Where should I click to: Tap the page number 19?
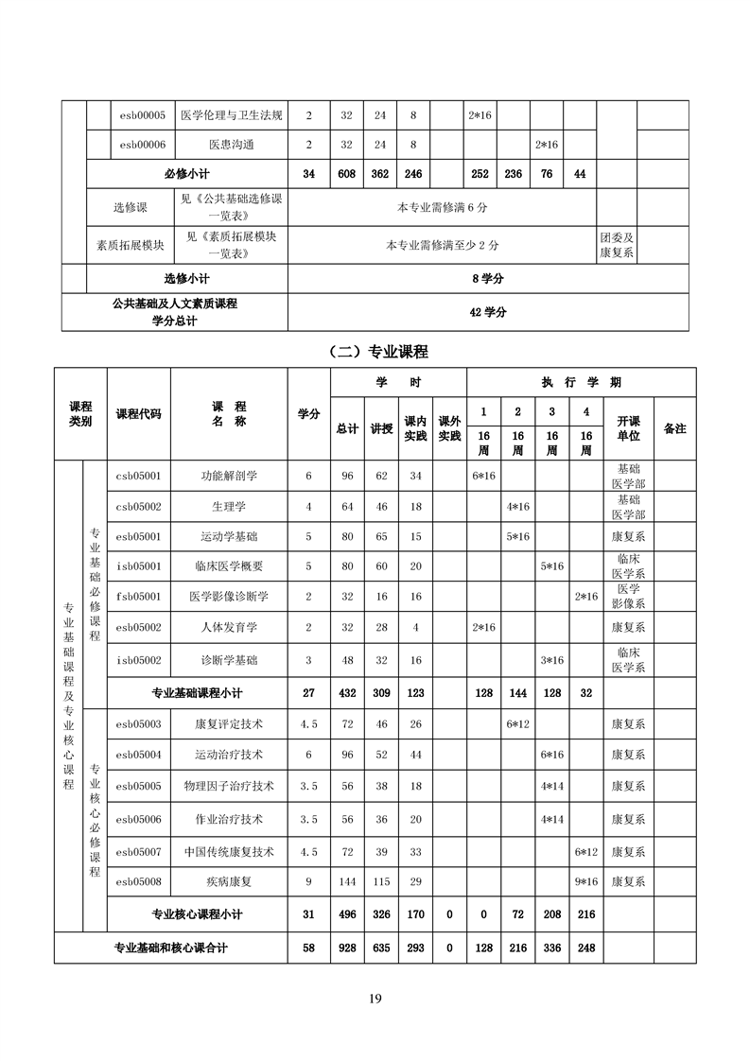pyautogui.click(x=375, y=999)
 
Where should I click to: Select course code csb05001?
pyautogui.click(x=139, y=476)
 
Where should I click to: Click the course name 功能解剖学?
pyautogui.click(x=229, y=476)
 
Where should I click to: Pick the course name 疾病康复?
pyautogui.click(x=229, y=881)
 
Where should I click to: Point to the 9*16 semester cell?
pyautogui.click(x=586, y=881)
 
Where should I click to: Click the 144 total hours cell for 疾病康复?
pyautogui.click(x=347, y=881)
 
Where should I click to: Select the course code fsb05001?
pyautogui.click(x=139, y=597)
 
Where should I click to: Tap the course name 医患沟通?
pyautogui.click(x=231, y=145)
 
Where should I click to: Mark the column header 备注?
pyautogui.click(x=674, y=428)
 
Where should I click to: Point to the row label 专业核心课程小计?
pyautogui.click(x=197, y=914)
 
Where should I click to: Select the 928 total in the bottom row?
pyautogui.click(x=347, y=948)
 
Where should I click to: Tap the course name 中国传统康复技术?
pyautogui.click(x=229, y=852)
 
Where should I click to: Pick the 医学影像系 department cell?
pyautogui.click(x=628, y=597)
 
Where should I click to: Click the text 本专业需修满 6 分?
pyautogui.click(x=443, y=207)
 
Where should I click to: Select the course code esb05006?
pyautogui.click(x=139, y=819)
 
